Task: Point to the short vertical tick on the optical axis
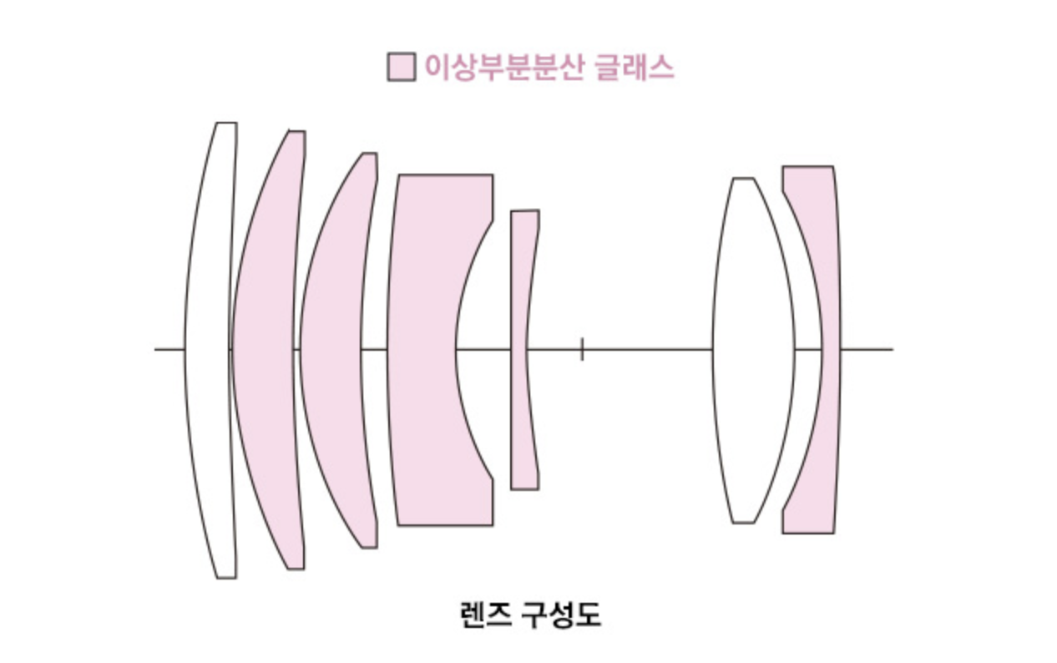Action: point(582,349)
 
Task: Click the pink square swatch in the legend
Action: point(401,67)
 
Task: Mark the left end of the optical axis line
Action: point(156,349)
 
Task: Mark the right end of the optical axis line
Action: point(892,349)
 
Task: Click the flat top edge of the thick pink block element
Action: point(445,175)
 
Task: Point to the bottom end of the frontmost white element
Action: point(226,576)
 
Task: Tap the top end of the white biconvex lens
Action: point(743,179)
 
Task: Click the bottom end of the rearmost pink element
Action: point(807,532)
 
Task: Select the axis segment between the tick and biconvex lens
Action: point(647,349)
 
